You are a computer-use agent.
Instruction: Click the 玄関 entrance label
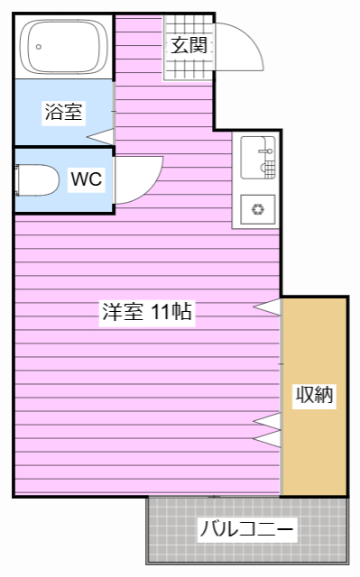click(189, 45)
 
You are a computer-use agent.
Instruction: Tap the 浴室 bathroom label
click(63, 112)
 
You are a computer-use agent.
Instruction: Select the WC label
click(87, 179)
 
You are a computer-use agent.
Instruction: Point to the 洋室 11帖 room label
click(147, 312)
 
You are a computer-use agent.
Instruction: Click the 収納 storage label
click(314, 395)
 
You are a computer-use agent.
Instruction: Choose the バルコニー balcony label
click(246, 529)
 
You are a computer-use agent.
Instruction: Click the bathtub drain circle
click(39, 47)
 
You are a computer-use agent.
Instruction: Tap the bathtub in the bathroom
click(63, 46)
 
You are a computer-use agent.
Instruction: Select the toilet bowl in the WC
click(37, 180)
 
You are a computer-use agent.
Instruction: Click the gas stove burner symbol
click(258, 209)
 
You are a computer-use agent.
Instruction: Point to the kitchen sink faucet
click(266, 151)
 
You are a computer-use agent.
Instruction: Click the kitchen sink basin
click(257, 158)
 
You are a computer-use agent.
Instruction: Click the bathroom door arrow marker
click(100, 136)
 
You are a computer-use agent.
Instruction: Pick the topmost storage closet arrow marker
click(267, 307)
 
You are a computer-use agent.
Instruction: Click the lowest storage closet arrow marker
click(267, 439)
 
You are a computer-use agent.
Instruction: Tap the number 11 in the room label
click(160, 312)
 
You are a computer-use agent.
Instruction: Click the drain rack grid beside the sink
click(270, 169)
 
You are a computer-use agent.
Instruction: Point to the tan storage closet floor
click(314, 397)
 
